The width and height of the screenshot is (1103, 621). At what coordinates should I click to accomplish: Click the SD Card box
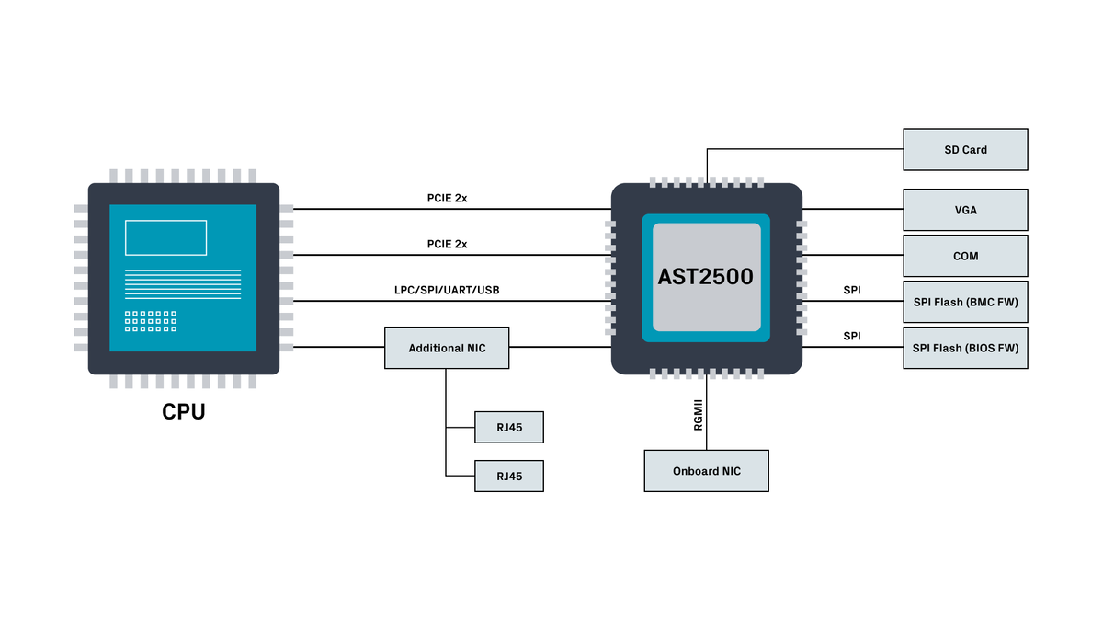(965, 149)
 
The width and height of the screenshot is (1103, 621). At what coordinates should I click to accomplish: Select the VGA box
(965, 210)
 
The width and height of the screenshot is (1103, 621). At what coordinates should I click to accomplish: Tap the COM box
(965, 256)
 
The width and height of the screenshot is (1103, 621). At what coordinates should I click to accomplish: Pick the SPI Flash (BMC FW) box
(965, 302)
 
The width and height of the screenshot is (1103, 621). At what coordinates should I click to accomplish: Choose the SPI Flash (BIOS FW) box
(965, 348)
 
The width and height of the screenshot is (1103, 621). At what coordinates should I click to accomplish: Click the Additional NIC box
(447, 348)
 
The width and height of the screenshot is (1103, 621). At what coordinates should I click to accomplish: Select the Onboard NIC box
(707, 471)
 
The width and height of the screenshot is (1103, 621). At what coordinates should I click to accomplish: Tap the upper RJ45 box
(509, 427)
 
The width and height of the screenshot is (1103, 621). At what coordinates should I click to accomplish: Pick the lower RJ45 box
(509, 477)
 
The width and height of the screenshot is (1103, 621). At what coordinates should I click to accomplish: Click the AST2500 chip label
(706, 277)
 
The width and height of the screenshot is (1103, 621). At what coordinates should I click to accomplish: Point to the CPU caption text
(184, 411)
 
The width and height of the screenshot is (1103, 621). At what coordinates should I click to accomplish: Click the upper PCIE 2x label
(447, 198)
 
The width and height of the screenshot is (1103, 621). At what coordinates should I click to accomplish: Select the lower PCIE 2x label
(447, 244)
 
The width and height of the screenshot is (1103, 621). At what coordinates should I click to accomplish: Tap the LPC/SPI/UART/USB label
(447, 290)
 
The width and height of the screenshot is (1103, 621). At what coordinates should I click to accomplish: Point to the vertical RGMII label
(699, 415)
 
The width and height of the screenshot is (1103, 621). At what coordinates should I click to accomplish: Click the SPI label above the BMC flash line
(852, 290)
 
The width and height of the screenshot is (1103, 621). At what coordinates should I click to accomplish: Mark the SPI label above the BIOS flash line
(852, 336)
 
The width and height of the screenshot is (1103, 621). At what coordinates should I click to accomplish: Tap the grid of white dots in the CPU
(151, 321)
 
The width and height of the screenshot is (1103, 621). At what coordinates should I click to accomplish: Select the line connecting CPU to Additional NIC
(339, 347)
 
